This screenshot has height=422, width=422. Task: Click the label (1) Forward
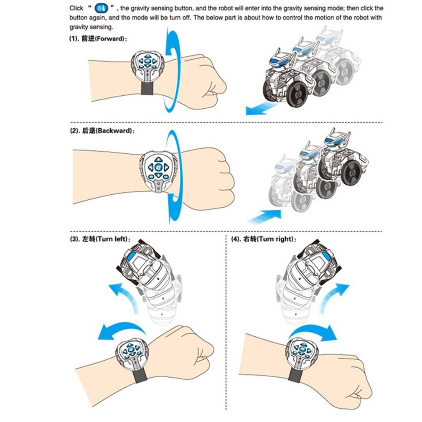(99, 38)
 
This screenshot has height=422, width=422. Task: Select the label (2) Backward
(102, 131)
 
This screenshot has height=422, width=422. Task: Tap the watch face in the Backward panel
(159, 169)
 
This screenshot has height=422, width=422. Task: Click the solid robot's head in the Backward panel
(337, 138)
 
